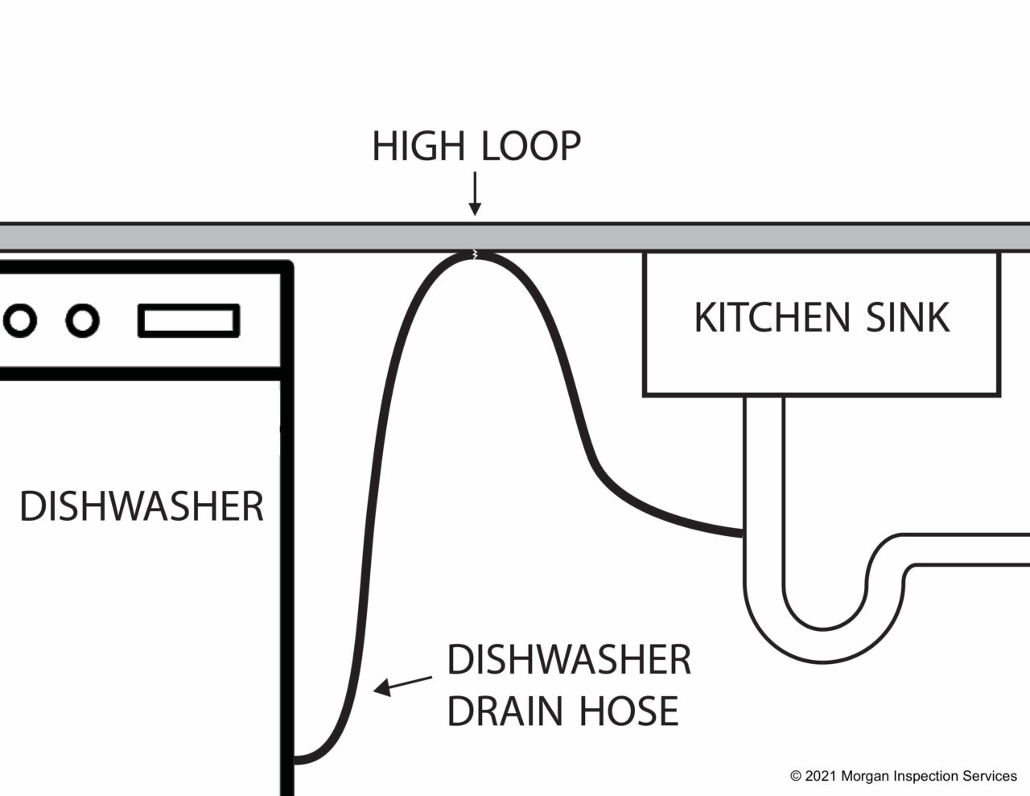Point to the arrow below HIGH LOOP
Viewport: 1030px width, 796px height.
coord(475,193)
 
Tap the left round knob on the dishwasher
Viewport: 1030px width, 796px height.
coord(20,320)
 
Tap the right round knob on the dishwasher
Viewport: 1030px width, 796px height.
coord(81,320)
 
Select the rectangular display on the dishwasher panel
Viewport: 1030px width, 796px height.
coord(189,320)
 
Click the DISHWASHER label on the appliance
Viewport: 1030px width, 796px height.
coord(142,506)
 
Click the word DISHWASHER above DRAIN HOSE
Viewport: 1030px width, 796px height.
coord(569,660)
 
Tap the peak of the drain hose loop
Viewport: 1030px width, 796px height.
coord(475,255)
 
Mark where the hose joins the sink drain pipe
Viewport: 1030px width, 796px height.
coord(742,532)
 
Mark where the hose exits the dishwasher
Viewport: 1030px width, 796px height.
coord(295,758)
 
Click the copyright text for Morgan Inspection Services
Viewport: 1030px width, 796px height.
coord(903,776)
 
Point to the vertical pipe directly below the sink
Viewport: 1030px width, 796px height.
coord(763,467)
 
